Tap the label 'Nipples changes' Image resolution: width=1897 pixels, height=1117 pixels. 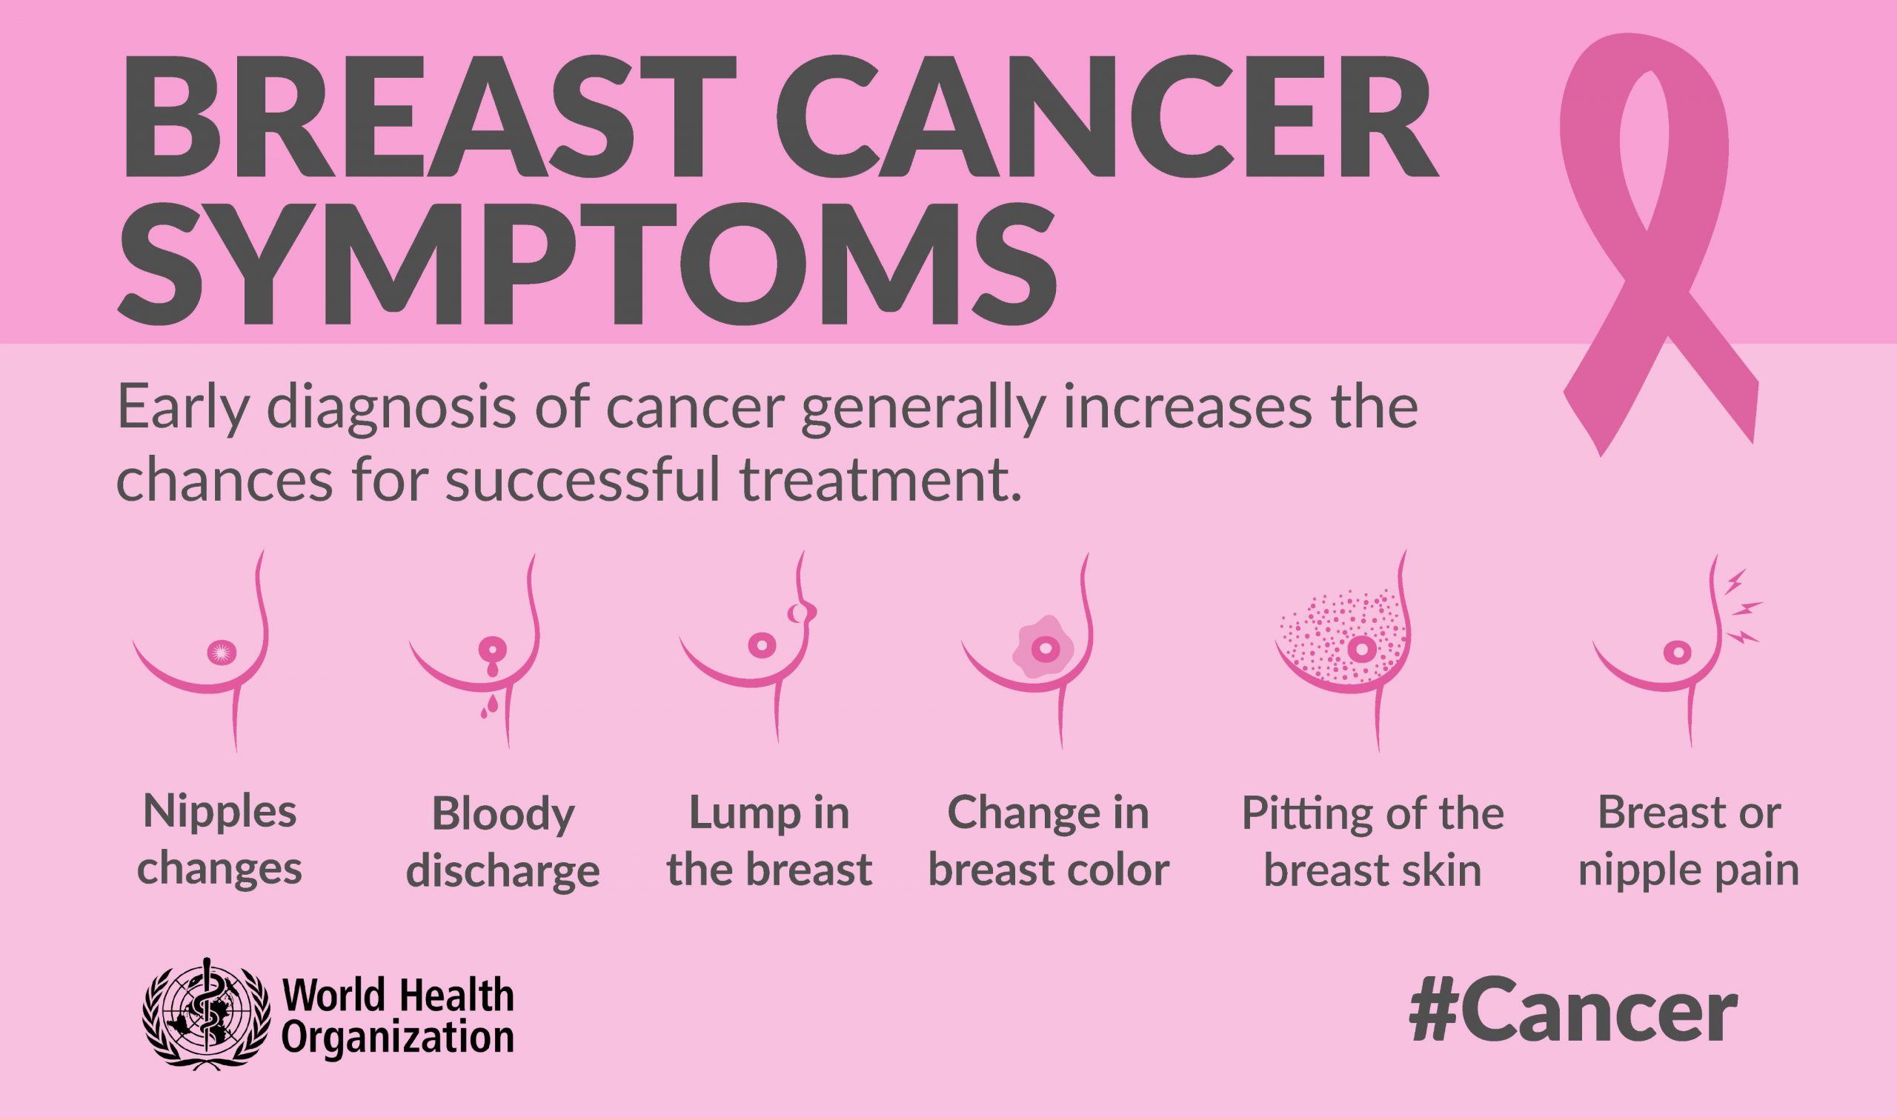(x=220, y=841)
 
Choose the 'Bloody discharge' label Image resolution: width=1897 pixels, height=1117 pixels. (x=503, y=842)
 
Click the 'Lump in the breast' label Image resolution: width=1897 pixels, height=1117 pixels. (x=769, y=841)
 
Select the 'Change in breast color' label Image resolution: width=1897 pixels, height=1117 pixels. (x=1049, y=841)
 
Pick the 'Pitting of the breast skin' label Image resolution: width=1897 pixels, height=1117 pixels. (x=1372, y=841)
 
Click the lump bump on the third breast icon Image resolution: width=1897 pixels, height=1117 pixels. (x=803, y=614)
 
